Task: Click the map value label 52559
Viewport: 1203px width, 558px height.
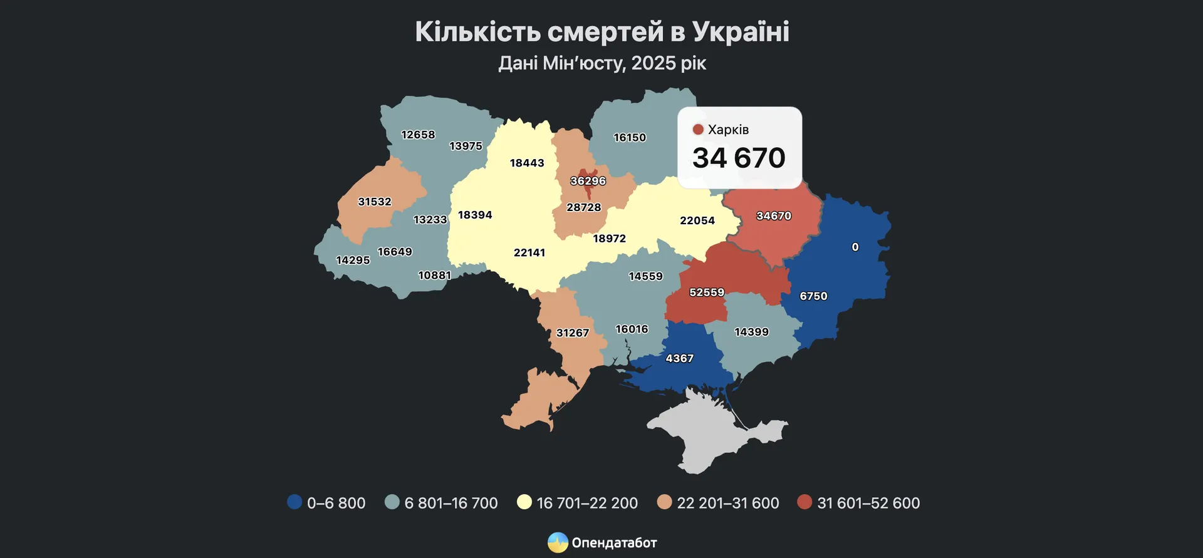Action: click(707, 292)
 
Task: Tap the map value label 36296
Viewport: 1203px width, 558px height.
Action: click(588, 181)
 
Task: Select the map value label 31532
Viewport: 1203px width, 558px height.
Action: click(374, 202)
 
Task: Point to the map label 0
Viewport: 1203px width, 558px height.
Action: click(855, 247)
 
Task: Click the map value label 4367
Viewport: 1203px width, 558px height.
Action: click(679, 358)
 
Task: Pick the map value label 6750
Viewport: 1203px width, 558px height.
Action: click(813, 296)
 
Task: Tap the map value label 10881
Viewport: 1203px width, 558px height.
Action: click(434, 275)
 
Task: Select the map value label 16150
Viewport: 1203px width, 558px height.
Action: click(629, 137)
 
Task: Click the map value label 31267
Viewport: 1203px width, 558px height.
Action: click(572, 333)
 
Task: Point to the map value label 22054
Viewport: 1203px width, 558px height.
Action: click(697, 220)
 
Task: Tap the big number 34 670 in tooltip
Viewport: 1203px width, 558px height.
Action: click(739, 158)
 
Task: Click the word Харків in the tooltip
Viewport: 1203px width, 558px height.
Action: click(728, 130)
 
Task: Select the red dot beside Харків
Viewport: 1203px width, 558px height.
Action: click(698, 130)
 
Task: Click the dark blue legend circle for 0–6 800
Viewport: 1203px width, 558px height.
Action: click(294, 502)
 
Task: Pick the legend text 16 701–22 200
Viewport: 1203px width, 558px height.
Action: click(587, 503)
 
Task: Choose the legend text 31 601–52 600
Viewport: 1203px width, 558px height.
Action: click(868, 503)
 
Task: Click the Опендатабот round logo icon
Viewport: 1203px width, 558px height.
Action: click(558, 542)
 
